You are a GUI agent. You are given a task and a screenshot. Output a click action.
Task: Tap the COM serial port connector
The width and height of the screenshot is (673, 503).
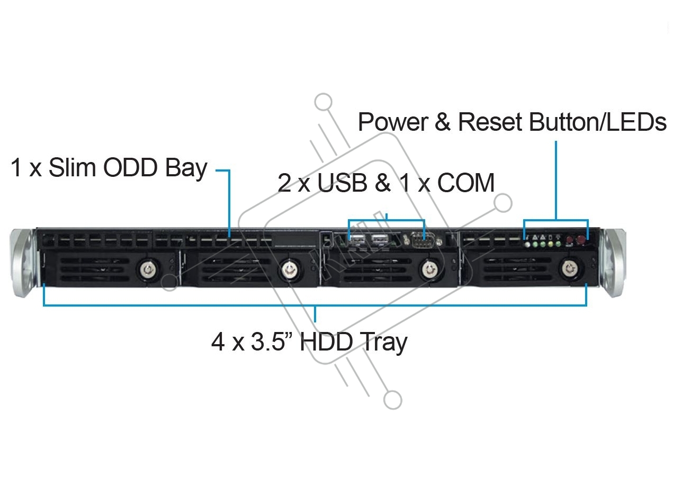click(421, 242)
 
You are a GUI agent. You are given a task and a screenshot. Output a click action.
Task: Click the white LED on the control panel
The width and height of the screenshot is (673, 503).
click(527, 245)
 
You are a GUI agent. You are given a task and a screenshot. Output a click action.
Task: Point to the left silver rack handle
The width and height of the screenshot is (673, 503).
click(24, 262)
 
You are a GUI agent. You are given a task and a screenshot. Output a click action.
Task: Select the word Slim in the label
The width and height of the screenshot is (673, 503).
click(72, 168)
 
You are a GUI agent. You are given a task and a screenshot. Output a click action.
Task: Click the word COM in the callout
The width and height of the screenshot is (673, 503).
click(466, 183)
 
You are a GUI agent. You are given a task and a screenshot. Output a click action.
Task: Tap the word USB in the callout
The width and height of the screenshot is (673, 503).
click(342, 183)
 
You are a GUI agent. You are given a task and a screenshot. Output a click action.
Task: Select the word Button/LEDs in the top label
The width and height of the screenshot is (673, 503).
click(598, 122)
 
